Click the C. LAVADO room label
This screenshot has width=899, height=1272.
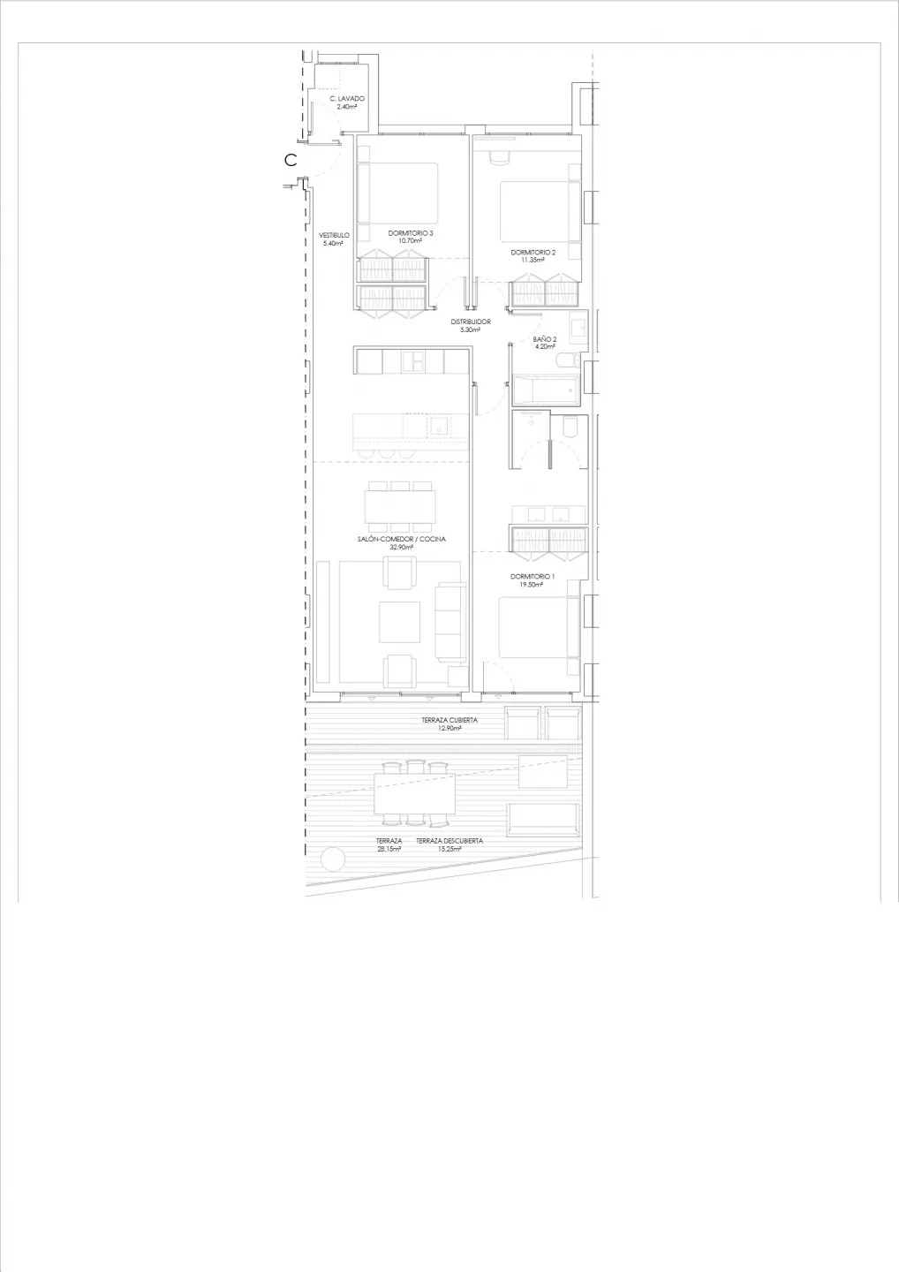tap(347, 98)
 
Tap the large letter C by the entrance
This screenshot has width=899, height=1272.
tap(291, 160)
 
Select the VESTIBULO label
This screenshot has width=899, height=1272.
tap(334, 235)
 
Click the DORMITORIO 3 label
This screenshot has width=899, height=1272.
tap(411, 233)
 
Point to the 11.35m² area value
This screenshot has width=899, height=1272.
tap(533, 260)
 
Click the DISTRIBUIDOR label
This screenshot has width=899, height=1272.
tap(471, 322)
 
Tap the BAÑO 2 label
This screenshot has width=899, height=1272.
tap(544, 339)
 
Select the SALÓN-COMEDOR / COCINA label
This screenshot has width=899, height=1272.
tap(401, 539)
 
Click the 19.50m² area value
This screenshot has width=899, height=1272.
tap(533, 585)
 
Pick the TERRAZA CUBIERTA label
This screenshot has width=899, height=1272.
tap(449, 720)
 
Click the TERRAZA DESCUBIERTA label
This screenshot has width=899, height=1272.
tap(449, 841)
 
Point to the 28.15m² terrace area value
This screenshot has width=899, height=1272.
tap(389, 849)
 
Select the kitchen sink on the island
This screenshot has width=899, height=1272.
tap(439, 426)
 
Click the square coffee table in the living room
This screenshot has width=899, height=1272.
tap(399, 622)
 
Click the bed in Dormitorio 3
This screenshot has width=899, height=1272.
tap(398, 193)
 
